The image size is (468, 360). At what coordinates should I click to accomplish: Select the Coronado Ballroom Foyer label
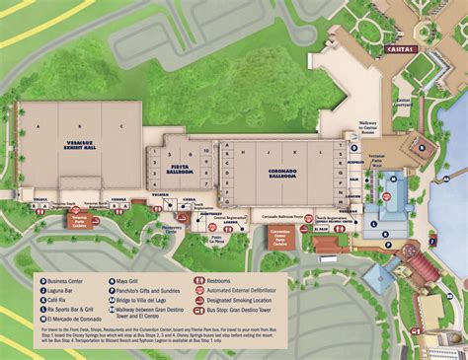(x=286, y=213)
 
